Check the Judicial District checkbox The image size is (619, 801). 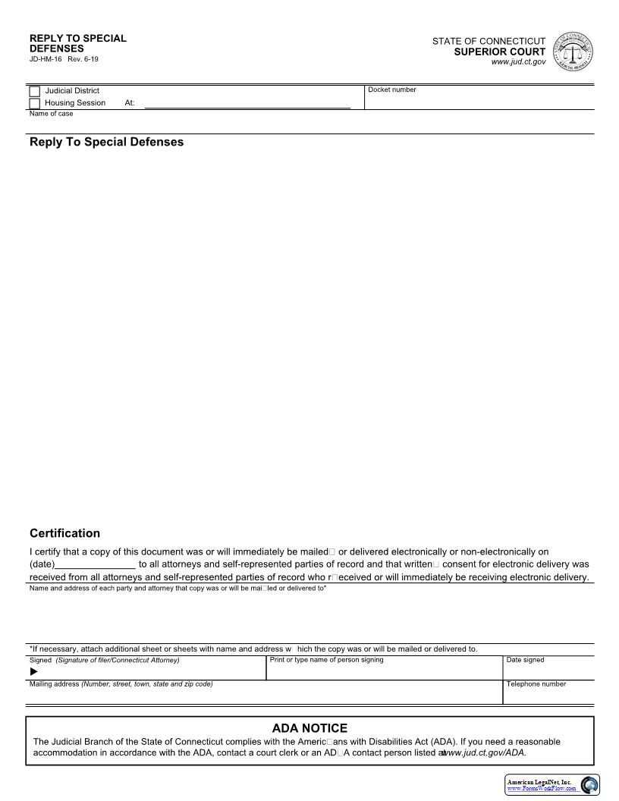coord(34,92)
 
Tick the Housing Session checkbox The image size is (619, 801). coord(34,103)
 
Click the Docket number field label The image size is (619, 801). coord(392,90)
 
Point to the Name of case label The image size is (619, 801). coord(52,114)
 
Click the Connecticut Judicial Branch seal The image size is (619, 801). coord(573,52)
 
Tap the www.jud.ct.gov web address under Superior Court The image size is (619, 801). coord(518,62)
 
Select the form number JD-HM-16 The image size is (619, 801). coord(46,59)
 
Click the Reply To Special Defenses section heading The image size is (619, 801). coord(106,142)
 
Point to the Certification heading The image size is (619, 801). coord(64,533)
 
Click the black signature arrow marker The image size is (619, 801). coord(33,671)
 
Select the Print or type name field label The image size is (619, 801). coord(326,660)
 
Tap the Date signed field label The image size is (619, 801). coord(525,660)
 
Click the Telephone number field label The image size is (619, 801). coord(536,684)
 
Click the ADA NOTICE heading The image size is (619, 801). coord(309,728)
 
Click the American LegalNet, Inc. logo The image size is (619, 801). coord(552,784)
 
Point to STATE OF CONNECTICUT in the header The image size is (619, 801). coord(489,41)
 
